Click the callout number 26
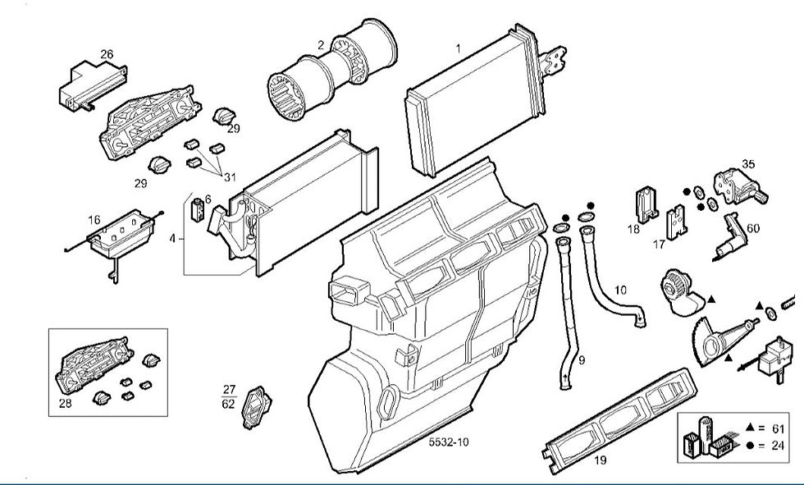[107, 54]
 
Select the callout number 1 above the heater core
[459, 50]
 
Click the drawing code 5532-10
[449, 442]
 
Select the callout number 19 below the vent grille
[601, 460]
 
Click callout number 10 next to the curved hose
[620, 290]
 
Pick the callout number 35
[748, 164]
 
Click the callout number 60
[753, 228]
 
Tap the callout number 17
[659, 244]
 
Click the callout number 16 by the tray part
[94, 220]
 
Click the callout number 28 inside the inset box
[66, 404]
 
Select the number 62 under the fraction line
[228, 404]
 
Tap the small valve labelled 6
[198, 210]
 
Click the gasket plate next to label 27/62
[256, 406]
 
